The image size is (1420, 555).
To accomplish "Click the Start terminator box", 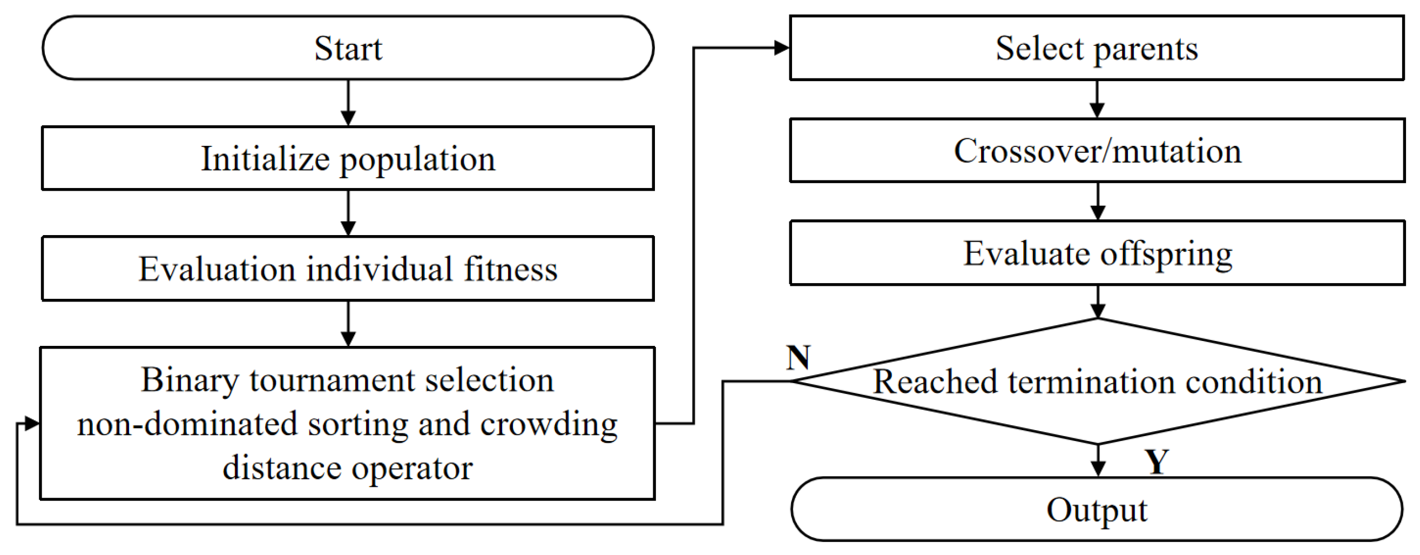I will [x=347, y=48].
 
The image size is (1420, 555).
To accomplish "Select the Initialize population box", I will [x=347, y=158].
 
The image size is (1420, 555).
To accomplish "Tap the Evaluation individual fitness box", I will [x=347, y=269].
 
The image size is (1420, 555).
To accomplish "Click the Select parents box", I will [x=1097, y=48].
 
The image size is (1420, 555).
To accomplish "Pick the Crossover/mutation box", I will [x=1097, y=151].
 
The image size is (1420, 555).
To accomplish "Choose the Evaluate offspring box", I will [x=1097, y=253].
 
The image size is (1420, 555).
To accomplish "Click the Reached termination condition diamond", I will [x=1097, y=382].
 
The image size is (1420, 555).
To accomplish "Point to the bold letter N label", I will [x=798, y=358].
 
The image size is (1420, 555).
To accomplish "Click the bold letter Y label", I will [x=1156, y=461].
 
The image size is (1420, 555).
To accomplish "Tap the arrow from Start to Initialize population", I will [x=348, y=103].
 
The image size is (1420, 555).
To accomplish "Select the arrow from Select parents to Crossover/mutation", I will [x=1097, y=99].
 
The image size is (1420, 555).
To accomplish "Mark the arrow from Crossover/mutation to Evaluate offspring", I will [x=1098, y=202].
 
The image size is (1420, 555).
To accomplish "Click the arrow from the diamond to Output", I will [x=1098, y=460].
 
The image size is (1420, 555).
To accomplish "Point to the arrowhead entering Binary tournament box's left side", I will [x=31, y=424].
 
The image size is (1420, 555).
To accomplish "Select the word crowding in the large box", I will [x=549, y=424].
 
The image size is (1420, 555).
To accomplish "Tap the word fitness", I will [x=510, y=269].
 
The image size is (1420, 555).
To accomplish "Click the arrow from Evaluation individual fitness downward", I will [x=348, y=324].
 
